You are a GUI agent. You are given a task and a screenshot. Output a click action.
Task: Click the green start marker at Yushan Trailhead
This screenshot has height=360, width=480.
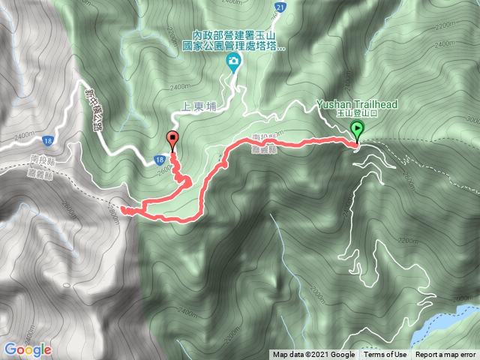[357, 130]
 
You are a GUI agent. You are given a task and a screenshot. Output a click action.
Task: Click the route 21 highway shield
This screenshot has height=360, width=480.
[279, 7]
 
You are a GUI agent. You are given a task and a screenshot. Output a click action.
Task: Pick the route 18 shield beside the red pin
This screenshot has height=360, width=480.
[159, 160]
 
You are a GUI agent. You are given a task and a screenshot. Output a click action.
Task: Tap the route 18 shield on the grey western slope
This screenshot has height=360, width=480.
[48, 140]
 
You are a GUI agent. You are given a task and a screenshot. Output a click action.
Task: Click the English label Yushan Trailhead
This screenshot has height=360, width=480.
[356, 104]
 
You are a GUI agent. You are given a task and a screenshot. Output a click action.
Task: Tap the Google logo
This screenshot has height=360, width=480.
[27, 349]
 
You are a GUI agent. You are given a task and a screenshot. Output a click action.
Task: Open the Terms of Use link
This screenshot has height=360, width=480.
[385, 355]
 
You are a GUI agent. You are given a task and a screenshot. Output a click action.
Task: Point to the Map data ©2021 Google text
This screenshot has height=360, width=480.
[313, 355]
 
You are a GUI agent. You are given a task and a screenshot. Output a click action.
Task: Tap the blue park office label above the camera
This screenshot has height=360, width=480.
[234, 40]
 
